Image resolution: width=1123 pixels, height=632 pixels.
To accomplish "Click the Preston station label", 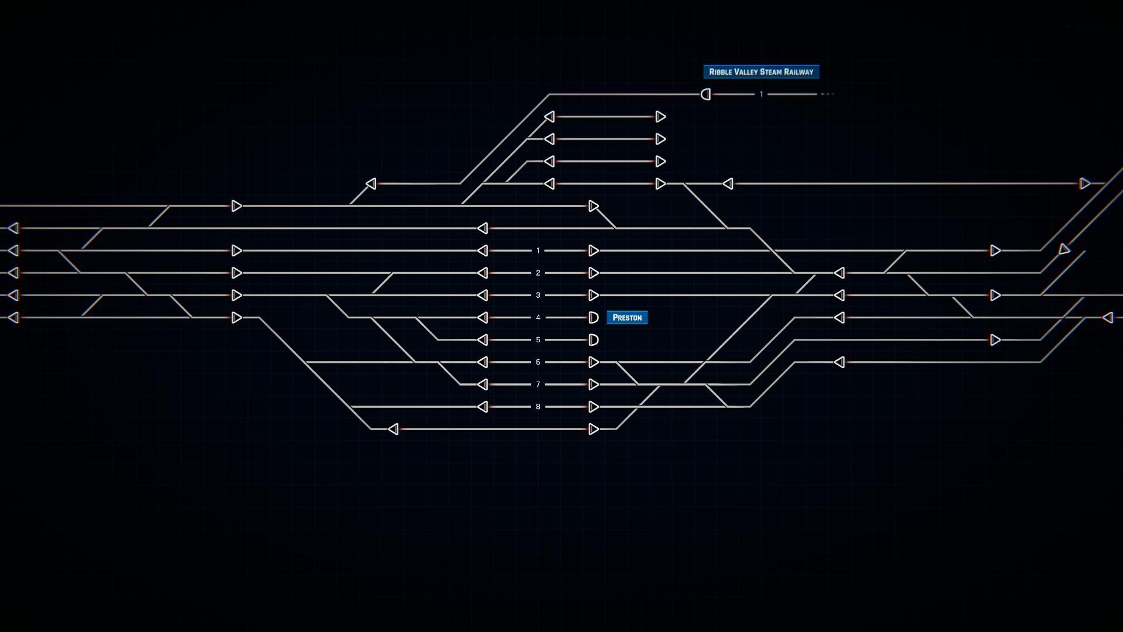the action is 627,317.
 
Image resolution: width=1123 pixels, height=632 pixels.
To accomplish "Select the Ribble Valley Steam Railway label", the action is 761,71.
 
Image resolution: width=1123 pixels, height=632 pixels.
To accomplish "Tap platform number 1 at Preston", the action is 538,250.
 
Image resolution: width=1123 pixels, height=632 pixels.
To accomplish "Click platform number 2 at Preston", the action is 538,273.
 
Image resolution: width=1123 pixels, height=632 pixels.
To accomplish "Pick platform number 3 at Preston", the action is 538,295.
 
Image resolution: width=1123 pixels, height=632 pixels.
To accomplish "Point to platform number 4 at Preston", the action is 538,317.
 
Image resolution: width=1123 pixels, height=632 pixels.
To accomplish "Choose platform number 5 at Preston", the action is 538,339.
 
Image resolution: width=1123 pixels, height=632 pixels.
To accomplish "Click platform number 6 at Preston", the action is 538,362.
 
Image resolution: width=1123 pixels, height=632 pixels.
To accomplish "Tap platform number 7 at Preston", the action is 538,384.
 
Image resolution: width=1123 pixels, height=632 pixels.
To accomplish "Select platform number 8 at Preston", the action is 538,407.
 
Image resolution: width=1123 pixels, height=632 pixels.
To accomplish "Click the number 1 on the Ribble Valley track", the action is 761,94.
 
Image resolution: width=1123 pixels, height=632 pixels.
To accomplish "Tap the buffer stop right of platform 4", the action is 593,317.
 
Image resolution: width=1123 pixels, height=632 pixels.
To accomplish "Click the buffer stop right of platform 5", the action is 593,339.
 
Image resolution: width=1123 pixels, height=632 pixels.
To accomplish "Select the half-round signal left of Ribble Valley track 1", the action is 706,94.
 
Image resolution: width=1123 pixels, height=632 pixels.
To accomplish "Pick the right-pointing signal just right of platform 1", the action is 594,250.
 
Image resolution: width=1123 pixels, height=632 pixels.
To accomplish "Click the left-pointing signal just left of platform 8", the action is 483,407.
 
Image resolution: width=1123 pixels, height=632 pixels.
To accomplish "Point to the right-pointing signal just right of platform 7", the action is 594,384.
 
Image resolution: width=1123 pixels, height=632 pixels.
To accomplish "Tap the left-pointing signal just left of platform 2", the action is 483,273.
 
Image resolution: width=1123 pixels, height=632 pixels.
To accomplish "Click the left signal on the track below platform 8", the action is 394,429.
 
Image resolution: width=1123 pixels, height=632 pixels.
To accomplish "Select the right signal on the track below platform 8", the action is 594,429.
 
